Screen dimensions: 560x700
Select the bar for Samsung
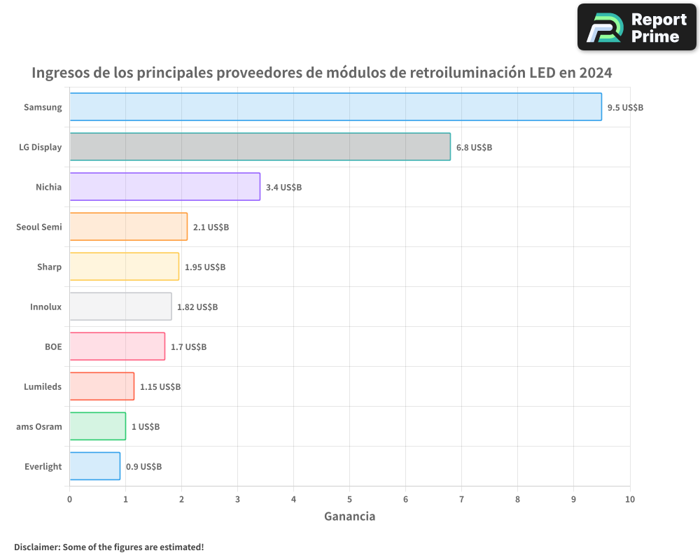coord(335,107)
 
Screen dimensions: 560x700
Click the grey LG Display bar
coord(260,147)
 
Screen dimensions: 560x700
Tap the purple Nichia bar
coord(164,187)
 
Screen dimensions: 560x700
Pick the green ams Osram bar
coord(97,426)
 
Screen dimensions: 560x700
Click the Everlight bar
coord(94,466)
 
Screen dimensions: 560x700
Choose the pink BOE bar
coord(117,346)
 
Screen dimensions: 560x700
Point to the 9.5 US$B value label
coord(625,108)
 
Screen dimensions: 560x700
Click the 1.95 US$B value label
coord(205,267)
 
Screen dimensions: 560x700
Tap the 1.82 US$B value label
coord(197,307)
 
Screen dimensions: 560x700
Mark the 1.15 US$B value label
coord(160,387)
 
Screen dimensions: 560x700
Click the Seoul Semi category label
coord(39,227)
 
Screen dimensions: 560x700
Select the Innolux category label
coord(45,307)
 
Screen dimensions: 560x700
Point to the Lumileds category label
coord(43,386)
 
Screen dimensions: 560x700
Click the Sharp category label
coord(49,267)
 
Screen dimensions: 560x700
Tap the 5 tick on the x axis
coord(349,499)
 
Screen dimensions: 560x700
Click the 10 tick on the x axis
coord(629,499)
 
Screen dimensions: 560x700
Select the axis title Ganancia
coord(349,517)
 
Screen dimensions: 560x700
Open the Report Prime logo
coord(636,27)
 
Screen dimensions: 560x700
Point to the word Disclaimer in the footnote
coord(36,547)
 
